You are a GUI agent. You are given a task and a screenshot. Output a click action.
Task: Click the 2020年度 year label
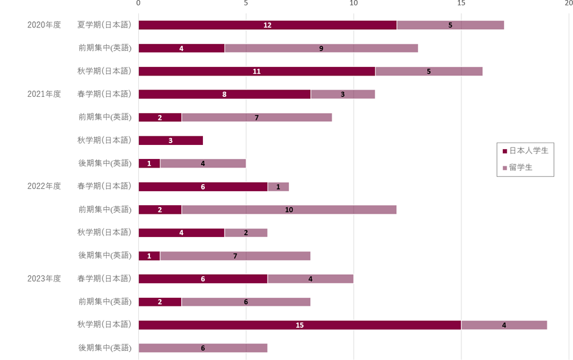point(44,25)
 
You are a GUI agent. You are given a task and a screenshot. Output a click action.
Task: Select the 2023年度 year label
point(44,278)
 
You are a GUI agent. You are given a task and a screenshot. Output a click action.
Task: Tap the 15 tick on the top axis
point(461,4)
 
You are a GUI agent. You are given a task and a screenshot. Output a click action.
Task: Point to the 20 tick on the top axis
point(568,4)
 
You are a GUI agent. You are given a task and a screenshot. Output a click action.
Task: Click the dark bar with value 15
point(299,325)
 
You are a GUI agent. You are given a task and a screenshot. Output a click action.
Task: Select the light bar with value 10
point(289,210)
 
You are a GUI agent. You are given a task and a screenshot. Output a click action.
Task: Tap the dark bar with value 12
point(267,25)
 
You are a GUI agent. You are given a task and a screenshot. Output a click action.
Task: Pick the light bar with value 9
point(321,48)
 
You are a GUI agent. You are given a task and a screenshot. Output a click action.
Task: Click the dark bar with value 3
point(171,141)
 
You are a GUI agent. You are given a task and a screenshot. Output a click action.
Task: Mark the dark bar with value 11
point(257,71)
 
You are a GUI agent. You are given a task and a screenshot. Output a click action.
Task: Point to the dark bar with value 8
point(224,94)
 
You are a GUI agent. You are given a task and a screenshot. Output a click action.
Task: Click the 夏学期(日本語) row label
point(104,25)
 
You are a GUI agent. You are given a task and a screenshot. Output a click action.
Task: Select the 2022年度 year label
point(44,186)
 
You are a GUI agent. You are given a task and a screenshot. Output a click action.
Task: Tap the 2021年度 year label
point(44,94)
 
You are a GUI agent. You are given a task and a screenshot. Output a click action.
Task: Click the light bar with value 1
point(278,186)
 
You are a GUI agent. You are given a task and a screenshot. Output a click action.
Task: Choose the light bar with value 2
point(246,233)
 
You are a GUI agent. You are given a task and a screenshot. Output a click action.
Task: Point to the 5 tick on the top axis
point(246,4)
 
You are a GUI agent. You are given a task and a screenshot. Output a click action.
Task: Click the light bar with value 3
point(343,94)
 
